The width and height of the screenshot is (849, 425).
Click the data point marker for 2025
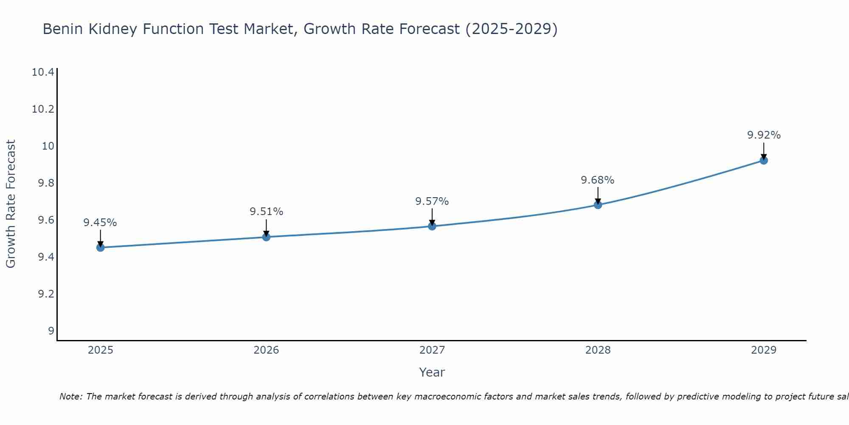(101, 247)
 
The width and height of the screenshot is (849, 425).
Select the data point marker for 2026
(266, 237)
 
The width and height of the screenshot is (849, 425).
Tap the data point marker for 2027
(432, 226)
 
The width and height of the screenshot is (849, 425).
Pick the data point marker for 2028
(598, 205)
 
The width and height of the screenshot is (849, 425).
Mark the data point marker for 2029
(764, 160)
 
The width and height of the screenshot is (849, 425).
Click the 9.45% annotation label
(100, 223)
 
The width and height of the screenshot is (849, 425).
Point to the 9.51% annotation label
(266, 212)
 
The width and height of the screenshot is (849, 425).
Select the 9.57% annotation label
(432, 201)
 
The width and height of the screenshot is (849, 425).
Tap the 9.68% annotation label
(598, 180)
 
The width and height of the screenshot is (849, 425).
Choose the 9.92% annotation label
(764, 135)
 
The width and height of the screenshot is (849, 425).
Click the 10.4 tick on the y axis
(43, 72)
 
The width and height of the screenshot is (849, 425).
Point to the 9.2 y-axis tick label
(46, 294)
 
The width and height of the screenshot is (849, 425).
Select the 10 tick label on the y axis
(48, 146)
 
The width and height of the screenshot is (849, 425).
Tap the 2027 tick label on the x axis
(432, 350)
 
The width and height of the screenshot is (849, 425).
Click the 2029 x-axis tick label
(764, 350)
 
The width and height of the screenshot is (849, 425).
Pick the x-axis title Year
(432, 372)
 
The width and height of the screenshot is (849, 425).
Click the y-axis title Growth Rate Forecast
(11, 204)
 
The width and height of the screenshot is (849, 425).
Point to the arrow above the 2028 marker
(598, 196)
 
